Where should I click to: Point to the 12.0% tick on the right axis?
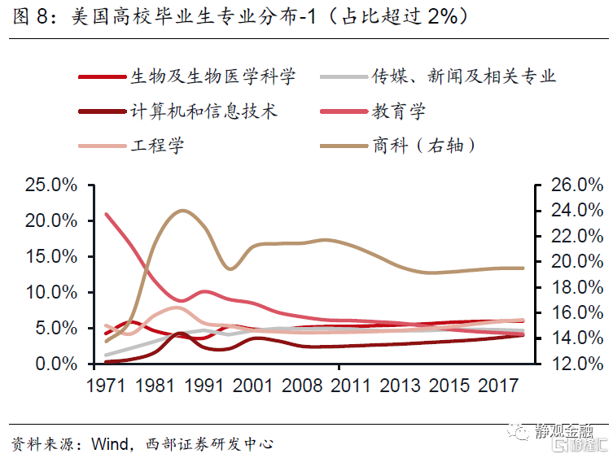tap(566, 364)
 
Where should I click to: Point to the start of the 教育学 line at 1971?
tap(107, 214)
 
